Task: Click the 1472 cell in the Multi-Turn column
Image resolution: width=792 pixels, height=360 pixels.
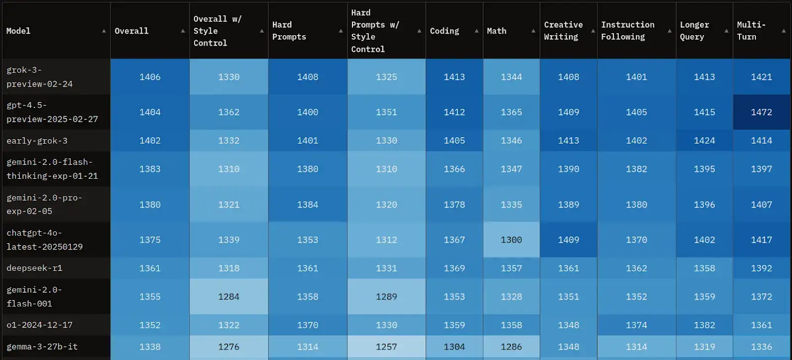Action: [x=761, y=112]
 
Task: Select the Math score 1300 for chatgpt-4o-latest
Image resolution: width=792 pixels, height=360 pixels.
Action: [x=511, y=240]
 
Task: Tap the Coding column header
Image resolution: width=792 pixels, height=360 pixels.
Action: [x=445, y=31]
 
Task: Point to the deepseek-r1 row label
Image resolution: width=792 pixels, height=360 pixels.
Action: [x=34, y=268]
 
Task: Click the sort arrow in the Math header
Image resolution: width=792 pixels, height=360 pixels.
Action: [x=533, y=31]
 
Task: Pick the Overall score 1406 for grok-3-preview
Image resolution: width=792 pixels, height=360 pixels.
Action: [x=150, y=77]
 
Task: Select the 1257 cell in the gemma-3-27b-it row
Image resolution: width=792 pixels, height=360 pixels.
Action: [x=386, y=347]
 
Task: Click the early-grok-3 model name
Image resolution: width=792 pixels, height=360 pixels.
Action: [x=37, y=141]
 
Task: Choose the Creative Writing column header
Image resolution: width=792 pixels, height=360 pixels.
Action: [x=563, y=31]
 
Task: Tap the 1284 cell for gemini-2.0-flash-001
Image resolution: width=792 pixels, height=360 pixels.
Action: [x=229, y=297]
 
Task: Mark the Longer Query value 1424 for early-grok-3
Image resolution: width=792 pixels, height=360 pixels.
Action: [x=704, y=141]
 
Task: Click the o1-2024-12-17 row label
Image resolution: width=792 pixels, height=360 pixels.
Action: [x=40, y=325]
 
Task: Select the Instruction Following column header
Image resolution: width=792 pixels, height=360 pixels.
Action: [x=627, y=31]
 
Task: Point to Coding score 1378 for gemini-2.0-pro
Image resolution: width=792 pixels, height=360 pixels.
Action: [x=454, y=205]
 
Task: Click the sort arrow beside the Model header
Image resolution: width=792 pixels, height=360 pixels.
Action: [x=104, y=31]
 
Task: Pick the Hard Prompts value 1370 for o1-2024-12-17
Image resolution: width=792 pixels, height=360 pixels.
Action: [x=307, y=325]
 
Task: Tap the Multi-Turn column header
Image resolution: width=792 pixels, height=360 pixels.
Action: [x=751, y=31]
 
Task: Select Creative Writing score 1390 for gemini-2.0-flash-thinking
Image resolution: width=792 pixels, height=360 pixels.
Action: [x=568, y=169]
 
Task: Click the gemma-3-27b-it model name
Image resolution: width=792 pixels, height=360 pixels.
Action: [x=42, y=347]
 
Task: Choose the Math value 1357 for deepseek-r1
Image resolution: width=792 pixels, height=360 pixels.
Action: [x=511, y=268]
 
